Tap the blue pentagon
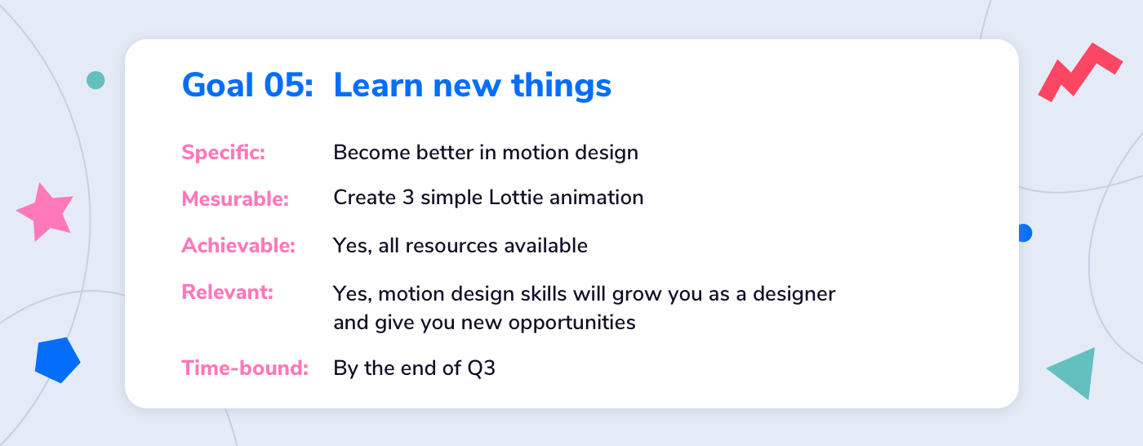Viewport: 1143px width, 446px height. (57, 359)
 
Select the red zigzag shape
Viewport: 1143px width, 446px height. (1080, 73)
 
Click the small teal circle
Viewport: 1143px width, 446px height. (96, 80)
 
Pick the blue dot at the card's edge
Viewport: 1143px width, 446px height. (1025, 233)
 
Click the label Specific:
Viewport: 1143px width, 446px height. (224, 153)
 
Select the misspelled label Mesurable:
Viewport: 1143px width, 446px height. (235, 198)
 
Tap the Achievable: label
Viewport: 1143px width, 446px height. (238, 245)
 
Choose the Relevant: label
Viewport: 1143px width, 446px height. (228, 292)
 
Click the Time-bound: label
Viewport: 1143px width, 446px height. (245, 368)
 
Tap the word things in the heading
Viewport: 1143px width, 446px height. (562, 86)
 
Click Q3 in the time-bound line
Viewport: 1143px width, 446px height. (481, 368)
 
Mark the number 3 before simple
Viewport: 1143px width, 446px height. (408, 198)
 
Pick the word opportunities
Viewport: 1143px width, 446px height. (572, 323)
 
